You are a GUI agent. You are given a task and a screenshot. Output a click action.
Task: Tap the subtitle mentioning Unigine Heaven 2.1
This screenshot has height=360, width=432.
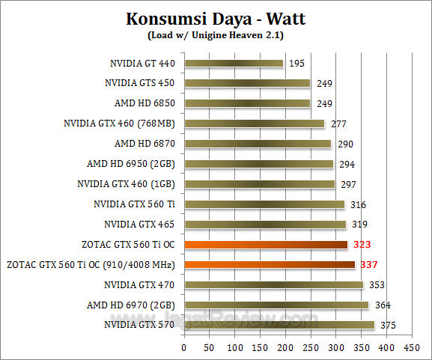216,34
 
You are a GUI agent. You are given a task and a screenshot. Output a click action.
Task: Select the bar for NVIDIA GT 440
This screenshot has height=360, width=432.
233,64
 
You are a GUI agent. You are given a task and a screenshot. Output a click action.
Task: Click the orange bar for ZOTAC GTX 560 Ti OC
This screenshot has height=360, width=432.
265,244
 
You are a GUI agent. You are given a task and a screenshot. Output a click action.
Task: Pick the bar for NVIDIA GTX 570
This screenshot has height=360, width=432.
279,325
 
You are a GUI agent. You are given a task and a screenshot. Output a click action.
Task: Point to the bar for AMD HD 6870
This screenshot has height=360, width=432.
257,144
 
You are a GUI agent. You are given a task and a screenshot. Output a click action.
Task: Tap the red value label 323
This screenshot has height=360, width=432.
362,244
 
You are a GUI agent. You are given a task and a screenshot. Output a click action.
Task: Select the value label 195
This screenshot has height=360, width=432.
296,64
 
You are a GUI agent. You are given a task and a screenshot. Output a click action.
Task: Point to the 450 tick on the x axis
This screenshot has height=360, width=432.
411,347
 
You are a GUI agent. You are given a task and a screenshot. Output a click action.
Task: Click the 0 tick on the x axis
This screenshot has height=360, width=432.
183,347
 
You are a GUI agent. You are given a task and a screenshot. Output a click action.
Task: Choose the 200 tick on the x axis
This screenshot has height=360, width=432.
285,347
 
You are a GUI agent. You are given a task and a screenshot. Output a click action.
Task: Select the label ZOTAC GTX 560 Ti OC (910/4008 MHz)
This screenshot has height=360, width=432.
91,264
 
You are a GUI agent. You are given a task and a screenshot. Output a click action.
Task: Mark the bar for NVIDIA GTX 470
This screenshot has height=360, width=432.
273,284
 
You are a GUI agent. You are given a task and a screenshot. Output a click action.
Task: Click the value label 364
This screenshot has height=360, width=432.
383,305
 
